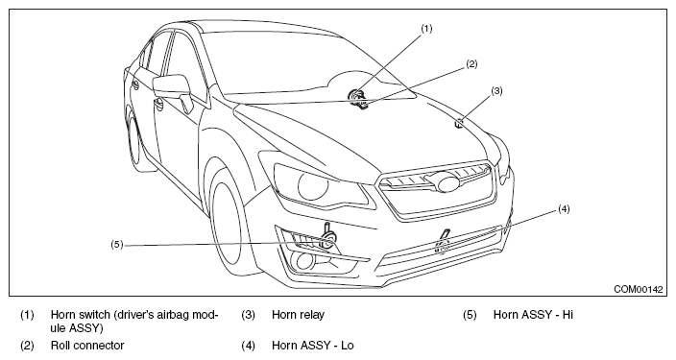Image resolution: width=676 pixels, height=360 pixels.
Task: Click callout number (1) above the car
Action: point(426,29)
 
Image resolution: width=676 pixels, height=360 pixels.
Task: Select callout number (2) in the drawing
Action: point(471,64)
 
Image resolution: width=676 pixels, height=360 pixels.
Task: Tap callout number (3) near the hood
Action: point(496,91)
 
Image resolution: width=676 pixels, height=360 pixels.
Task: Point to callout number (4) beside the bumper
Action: point(564,209)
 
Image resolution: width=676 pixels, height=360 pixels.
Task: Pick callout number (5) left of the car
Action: point(117,245)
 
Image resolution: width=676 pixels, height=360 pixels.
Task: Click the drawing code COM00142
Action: point(638,289)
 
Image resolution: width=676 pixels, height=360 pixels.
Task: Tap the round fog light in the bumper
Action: point(304,260)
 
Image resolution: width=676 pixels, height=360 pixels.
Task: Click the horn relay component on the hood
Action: point(460,123)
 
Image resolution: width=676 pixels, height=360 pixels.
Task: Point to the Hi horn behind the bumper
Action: point(328,238)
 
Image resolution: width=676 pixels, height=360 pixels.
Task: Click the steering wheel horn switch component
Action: point(357,96)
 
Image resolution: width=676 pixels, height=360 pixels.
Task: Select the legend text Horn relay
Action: point(298,315)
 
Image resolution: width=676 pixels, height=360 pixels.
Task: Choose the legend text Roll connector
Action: point(87,346)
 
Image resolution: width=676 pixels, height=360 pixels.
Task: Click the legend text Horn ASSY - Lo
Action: point(313,346)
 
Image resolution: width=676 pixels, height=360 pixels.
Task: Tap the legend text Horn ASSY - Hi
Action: point(533,315)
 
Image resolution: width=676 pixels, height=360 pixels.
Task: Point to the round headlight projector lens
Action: point(313,184)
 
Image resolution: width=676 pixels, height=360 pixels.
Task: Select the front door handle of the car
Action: point(158,103)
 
